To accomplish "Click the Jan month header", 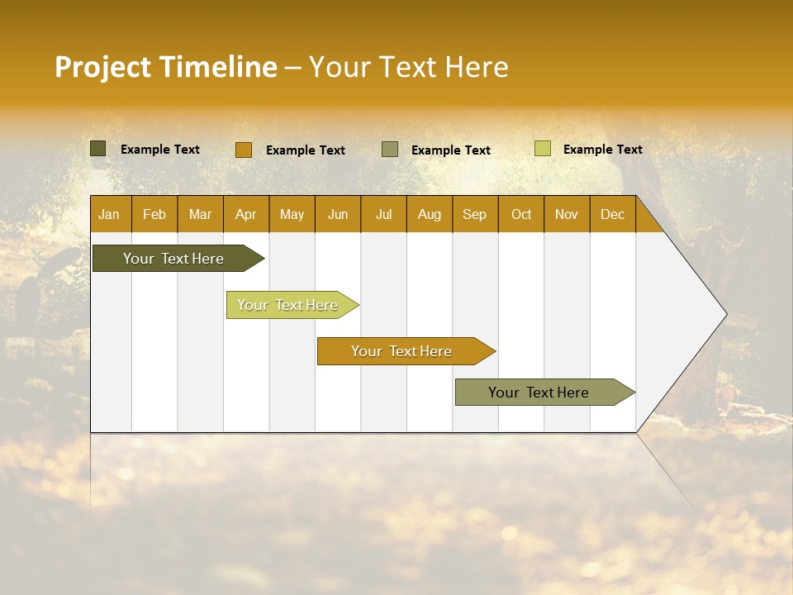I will point(109,214).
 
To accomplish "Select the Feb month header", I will point(154,214).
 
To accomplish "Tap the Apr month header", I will point(245,214).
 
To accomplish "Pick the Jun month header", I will point(338,214).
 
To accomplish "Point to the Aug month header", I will point(429,214).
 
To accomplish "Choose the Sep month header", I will point(474,214).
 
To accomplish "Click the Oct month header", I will point(521,214).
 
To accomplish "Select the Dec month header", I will point(612,214).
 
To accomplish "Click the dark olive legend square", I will point(97,149).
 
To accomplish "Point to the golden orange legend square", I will point(243,150).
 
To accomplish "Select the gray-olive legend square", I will point(390,150).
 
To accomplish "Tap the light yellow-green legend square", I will point(542,149).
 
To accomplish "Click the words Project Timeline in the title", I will point(165,67).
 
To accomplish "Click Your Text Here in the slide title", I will point(408,67).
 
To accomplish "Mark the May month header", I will point(292,214).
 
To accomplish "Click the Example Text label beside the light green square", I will point(602,150).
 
